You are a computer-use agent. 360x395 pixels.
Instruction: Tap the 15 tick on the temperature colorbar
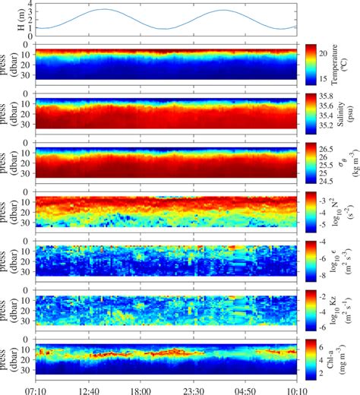[324, 79]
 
